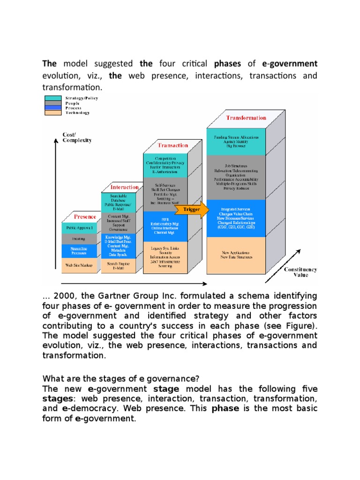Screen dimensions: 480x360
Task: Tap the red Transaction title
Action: click(x=172, y=145)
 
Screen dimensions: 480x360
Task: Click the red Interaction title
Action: click(x=124, y=187)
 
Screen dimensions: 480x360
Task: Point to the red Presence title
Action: click(x=85, y=217)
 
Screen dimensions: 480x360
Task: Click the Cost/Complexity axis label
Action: click(x=77, y=137)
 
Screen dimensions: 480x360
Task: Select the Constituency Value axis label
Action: click(x=300, y=272)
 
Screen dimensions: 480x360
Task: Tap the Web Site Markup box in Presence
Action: click(x=78, y=265)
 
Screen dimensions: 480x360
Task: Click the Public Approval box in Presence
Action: click(x=78, y=228)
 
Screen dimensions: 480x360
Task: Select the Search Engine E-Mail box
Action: click(x=119, y=266)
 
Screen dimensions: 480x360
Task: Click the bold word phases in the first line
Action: click(x=228, y=63)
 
